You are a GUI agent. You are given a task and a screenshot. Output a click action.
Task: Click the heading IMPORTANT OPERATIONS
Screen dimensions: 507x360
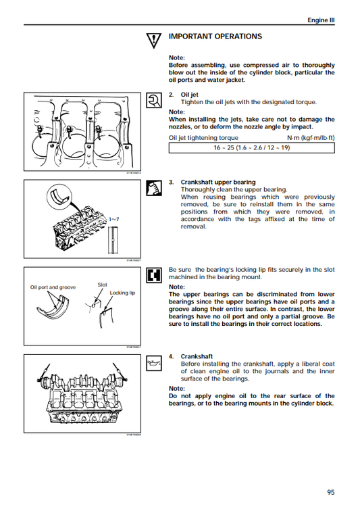coord(215,37)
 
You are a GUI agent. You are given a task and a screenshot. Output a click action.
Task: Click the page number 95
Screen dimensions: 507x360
coord(330,491)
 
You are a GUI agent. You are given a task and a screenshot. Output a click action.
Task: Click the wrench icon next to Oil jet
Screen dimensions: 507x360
coord(153,100)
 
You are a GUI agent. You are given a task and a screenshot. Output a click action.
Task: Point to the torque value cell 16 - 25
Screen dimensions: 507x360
coord(251,147)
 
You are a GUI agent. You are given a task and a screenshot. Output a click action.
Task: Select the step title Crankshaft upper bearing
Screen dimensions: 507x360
coord(217,183)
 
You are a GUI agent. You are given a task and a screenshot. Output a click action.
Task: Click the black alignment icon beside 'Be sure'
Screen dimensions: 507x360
coord(153,275)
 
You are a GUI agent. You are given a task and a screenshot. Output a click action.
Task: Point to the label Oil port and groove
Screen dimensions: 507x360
coord(53,287)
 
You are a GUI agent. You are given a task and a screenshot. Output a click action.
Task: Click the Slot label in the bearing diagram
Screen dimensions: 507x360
coord(103,285)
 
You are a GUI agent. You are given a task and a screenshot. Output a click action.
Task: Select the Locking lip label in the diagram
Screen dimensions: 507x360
coord(123,293)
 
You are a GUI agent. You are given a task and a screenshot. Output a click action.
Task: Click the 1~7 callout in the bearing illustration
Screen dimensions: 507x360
coord(113,220)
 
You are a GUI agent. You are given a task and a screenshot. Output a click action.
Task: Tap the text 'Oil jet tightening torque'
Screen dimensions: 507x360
coord(203,137)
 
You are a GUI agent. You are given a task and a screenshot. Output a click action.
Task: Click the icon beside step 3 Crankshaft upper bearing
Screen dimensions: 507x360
coord(153,187)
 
